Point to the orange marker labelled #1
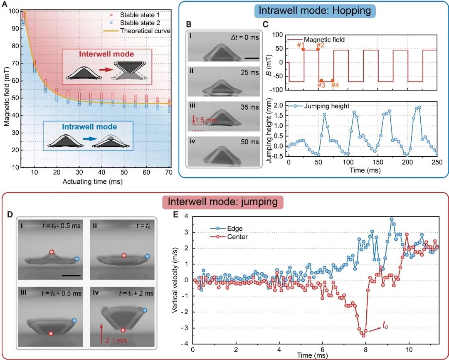303,49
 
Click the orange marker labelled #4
332,81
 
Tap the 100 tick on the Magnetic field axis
13,11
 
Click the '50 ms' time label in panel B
249,142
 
